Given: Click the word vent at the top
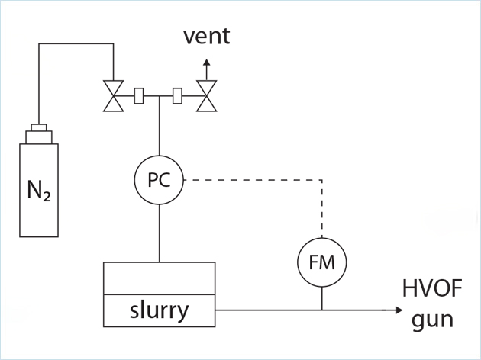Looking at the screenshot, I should [205, 37].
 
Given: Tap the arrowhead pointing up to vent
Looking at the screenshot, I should [205, 63].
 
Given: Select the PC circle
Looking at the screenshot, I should [159, 181].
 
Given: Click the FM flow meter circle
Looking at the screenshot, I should [321, 262].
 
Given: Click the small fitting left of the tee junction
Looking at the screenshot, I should [139, 97].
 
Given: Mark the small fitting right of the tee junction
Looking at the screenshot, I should [178, 97].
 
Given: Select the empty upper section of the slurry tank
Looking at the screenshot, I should [159, 278].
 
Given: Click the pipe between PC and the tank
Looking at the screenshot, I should [159, 233].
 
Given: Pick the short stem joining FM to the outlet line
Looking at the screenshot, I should [321, 298].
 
